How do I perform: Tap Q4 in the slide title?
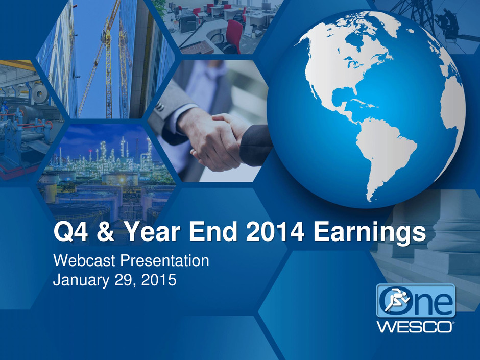[x=70, y=232]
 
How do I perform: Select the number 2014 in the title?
[x=275, y=231]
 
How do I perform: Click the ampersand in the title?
[x=106, y=231]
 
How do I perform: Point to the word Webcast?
[x=84, y=260]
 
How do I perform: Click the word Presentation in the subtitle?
[x=165, y=260]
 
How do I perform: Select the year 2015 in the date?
[x=159, y=280]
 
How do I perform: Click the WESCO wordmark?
[x=415, y=327]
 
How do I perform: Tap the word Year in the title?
[x=153, y=231]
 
